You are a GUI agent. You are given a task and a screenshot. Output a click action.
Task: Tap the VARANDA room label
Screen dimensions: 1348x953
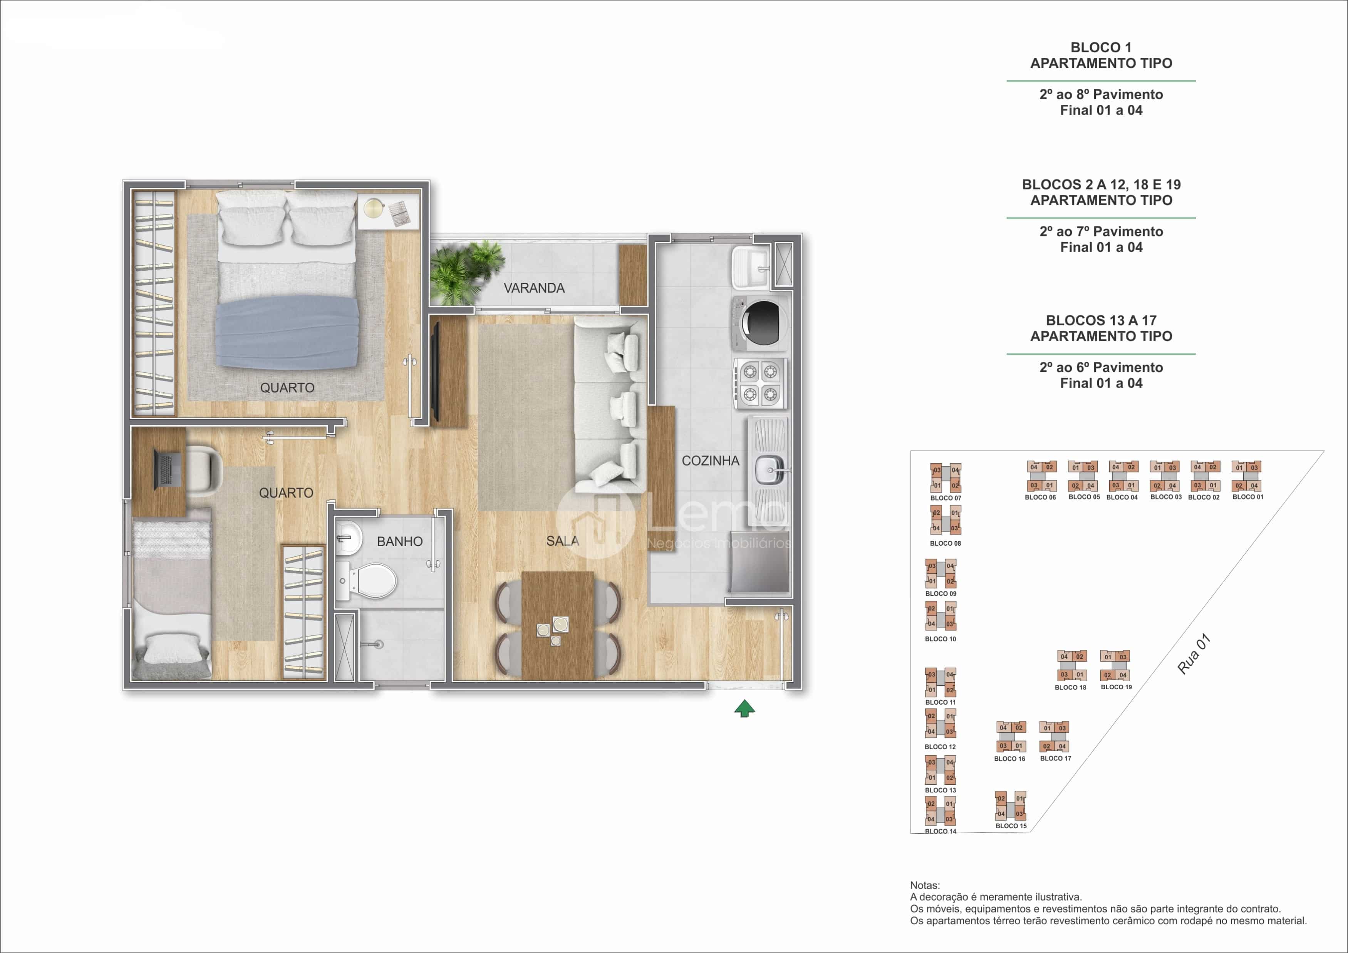coord(534,288)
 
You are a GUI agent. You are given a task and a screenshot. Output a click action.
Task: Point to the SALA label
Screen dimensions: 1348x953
coord(562,541)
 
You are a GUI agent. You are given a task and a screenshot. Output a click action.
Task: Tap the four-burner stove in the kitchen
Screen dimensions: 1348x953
coord(760,383)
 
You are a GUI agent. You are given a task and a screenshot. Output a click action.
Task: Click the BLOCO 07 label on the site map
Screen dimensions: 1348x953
coord(945,498)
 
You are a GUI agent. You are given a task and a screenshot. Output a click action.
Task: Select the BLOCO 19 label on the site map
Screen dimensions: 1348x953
coord(1116,687)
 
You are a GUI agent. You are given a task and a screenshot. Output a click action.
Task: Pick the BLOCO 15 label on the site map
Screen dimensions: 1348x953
coord(1011,826)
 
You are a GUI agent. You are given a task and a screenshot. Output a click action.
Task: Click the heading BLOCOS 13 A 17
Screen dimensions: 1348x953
coord(1101,320)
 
